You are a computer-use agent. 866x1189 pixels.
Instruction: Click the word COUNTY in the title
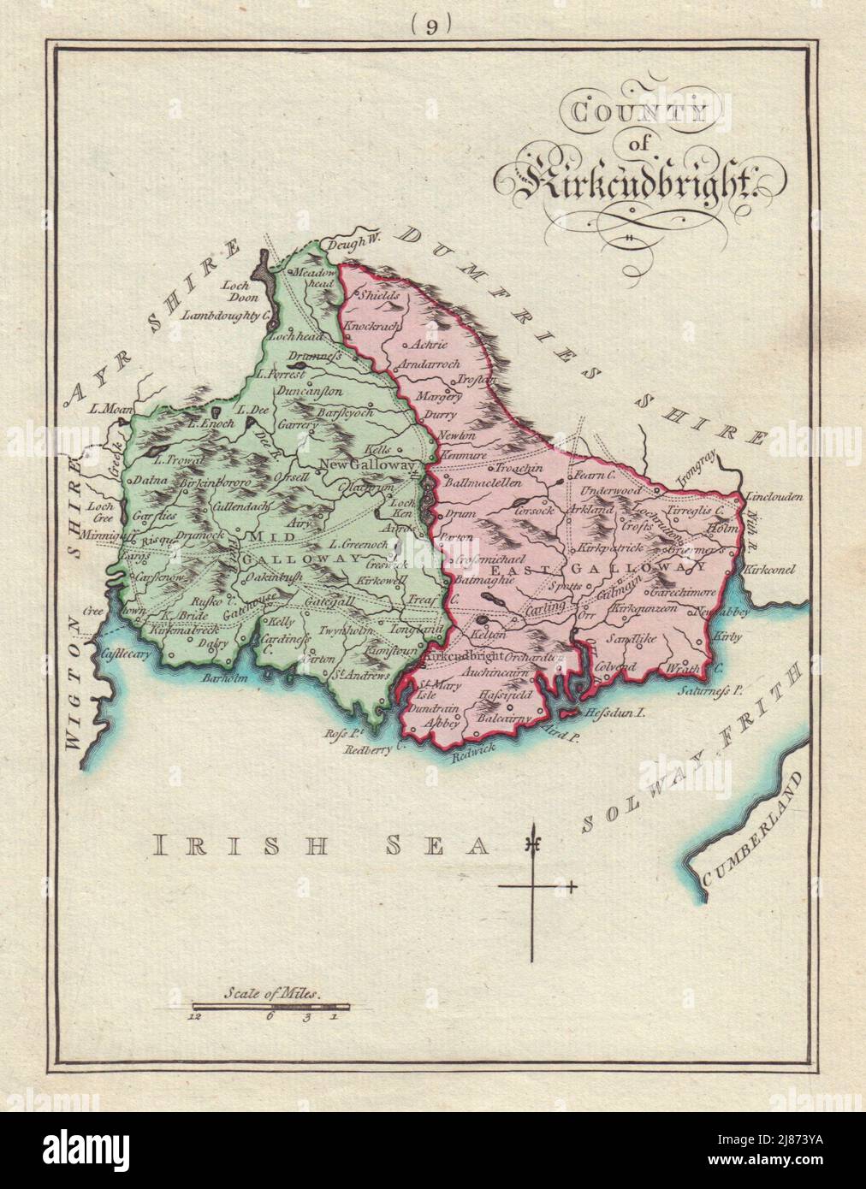point(610,110)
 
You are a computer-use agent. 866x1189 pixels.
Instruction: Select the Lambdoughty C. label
point(227,316)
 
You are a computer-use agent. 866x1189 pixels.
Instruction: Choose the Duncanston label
point(309,391)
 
